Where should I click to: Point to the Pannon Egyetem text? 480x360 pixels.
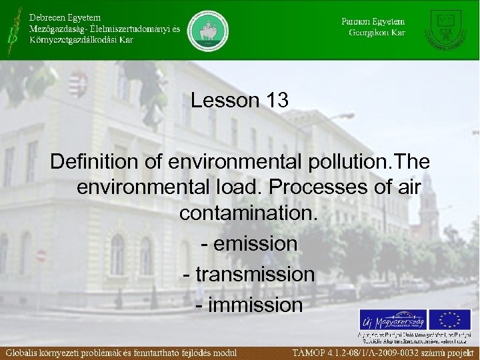click(373, 21)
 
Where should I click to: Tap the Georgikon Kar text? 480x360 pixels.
click(377, 32)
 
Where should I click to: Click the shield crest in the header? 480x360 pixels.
click(445, 29)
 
